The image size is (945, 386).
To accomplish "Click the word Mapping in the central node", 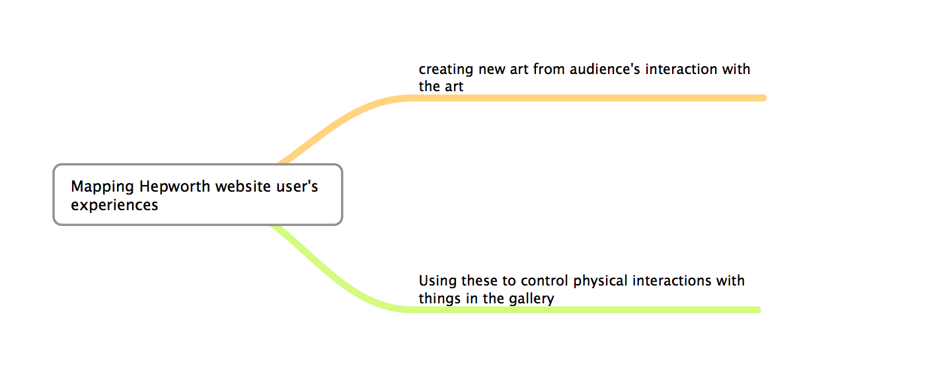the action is pyautogui.click(x=102, y=187).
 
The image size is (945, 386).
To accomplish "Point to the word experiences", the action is pyautogui.click(x=114, y=206).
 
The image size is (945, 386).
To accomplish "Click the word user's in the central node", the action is pyautogui.click(x=297, y=186).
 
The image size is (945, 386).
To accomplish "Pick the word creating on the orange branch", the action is pyautogui.click(x=446, y=70).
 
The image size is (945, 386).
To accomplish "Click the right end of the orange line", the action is pyautogui.click(x=763, y=98).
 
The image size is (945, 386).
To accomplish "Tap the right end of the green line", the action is pyautogui.click(x=758, y=310).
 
